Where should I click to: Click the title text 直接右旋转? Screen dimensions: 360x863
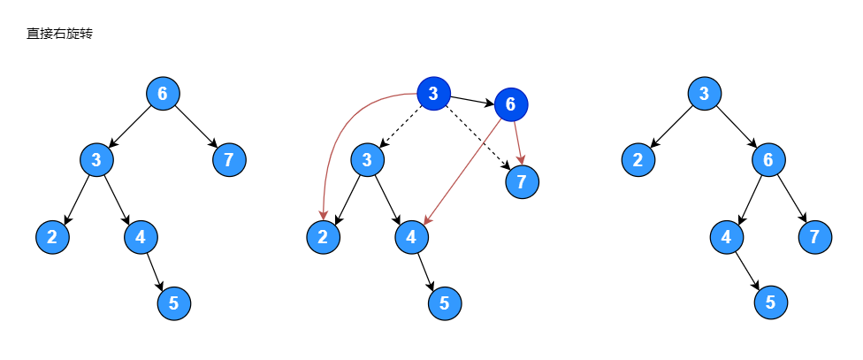pyautogui.click(x=60, y=34)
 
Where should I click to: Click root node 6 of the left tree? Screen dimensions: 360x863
pyautogui.click(x=163, y=93)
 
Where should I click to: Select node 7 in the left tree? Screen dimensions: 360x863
pyautogui.click(x=229, y=160)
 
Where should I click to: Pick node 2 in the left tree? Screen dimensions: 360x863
pyautogui.click(x=52, y=236)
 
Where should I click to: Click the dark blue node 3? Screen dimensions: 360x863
pyautogui.click(x=433, y=94)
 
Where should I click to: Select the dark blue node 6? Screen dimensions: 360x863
pyautogui.click(x=510, y=105)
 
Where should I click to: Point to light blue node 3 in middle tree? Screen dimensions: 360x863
pyautogui.click(x=367, y=160)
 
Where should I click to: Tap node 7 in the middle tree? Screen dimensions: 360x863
pyautogui.click(x=522, y=182)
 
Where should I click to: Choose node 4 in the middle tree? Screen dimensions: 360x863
pyautogui.click(x=411, y=236)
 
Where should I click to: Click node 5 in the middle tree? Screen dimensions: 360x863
pyautogui.click(x=444, y=303)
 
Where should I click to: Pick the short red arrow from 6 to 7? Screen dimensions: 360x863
pyautogui.click(x=516, y=142)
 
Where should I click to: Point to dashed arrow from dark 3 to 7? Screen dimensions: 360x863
pyautogui.click(x=477, y=137)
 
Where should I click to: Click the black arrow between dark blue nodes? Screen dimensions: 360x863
pyautogui.click(x=471, y=100)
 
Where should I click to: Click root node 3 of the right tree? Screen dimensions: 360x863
pyautogui.click(x=704, y=93)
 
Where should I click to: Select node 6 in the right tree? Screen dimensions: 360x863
pyautogui.click(x=769, y=160)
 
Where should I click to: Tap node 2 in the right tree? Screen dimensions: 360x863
pyautogui.click(x=637, y=160)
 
